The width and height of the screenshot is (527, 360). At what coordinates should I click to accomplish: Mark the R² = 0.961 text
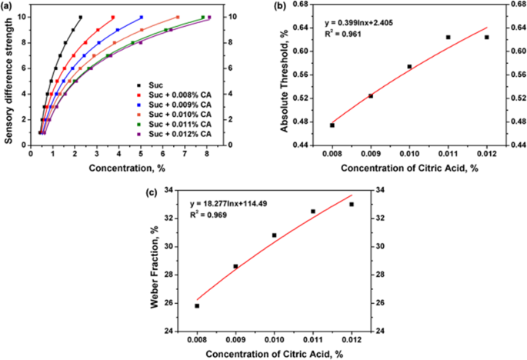pyautogui.click(x=342, y=35)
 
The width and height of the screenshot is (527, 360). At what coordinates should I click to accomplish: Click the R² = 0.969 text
pyautogui.click(x=209, y=215)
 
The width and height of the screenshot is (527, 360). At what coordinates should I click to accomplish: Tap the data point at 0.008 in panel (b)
pyautogui.click(x=332, y=125)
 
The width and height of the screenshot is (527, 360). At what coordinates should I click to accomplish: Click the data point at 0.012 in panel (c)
pyautogui.click(x=352, y=204)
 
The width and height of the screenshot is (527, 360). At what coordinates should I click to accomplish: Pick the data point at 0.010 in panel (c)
pyautogui.click(x=275, y=235)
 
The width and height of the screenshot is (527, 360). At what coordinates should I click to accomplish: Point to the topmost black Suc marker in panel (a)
pyautogui.click(x=80, y=17)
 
